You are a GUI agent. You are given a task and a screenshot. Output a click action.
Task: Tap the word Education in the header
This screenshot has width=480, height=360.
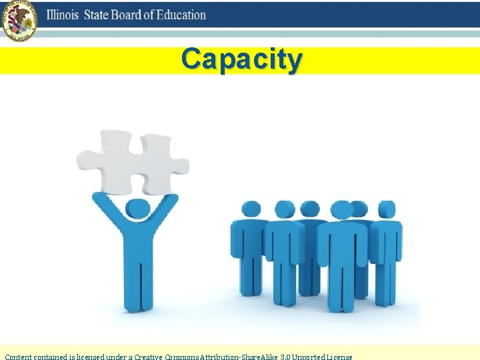point(181,15)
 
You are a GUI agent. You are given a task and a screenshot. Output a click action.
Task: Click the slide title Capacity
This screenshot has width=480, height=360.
point(241,59)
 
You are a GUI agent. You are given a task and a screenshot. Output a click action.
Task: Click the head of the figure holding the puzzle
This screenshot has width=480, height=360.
point(137,209)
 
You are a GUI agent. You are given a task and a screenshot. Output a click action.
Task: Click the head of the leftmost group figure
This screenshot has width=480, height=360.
point(251,209)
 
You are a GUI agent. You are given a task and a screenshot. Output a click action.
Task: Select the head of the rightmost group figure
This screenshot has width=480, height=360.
point(387,209)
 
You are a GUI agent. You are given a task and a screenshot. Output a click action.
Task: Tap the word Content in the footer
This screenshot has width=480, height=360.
point(19,356)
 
